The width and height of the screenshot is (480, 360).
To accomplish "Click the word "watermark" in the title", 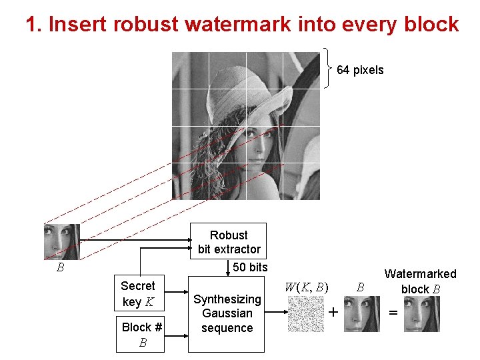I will click(237, 25).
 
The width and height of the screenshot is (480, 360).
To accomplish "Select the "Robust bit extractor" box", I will click(229, 242).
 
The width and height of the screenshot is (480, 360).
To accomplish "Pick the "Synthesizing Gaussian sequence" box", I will click(227, 313).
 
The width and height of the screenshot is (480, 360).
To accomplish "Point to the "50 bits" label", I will click(250, 267).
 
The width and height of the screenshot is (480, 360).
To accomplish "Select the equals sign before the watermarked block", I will click(393, 312).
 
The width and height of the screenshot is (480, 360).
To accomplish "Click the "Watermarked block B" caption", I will click(420, 281).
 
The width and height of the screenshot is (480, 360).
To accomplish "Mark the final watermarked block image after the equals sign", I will click(421, 313).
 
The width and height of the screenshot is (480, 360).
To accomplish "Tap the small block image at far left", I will click(61, 241).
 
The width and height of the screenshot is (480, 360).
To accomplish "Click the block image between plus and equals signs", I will click(362, 313).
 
